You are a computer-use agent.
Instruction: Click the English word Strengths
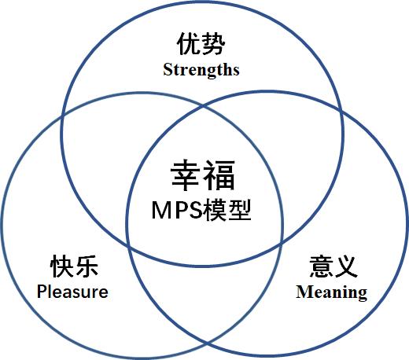pos(201,70)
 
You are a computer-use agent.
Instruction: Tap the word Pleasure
pos(72,292)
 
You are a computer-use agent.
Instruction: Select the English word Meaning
pos(332,292)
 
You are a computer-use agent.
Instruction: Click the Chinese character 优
pos(189,44)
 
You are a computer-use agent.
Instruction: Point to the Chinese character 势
pos(213,44)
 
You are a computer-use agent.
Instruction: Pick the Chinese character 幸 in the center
pos(186,175)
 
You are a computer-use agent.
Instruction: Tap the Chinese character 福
pos(219,175)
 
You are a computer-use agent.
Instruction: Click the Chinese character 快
pos(62,266)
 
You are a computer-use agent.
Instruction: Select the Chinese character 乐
pos(86,266)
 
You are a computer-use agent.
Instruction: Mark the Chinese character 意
pos(321,266)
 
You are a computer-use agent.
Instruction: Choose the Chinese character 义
pos(345,266)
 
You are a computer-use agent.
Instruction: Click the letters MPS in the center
pos(177,210)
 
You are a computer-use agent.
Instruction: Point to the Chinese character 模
pos(216,210)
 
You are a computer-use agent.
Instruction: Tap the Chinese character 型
pos(240,210)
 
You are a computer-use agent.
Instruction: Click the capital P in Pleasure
pos(41,291)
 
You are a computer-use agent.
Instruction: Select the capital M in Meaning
pos(303,292)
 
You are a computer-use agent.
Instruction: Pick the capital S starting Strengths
pos(168,70)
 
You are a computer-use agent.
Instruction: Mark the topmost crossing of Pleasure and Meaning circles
pos(204,107)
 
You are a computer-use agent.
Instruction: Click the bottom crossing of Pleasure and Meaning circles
pos(207,343)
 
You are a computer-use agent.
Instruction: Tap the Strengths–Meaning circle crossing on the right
pos(341,112)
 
